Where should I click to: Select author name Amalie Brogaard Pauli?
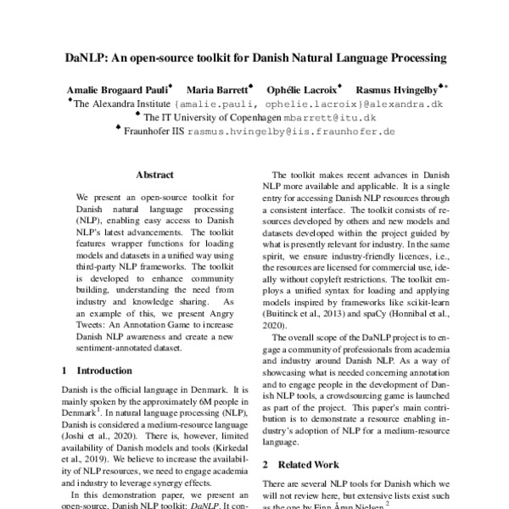pos(117,89)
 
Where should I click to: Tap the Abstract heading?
pos(154,175)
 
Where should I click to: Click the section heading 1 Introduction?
pos(97,371)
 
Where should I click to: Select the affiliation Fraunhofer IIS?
pos(154,132)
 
